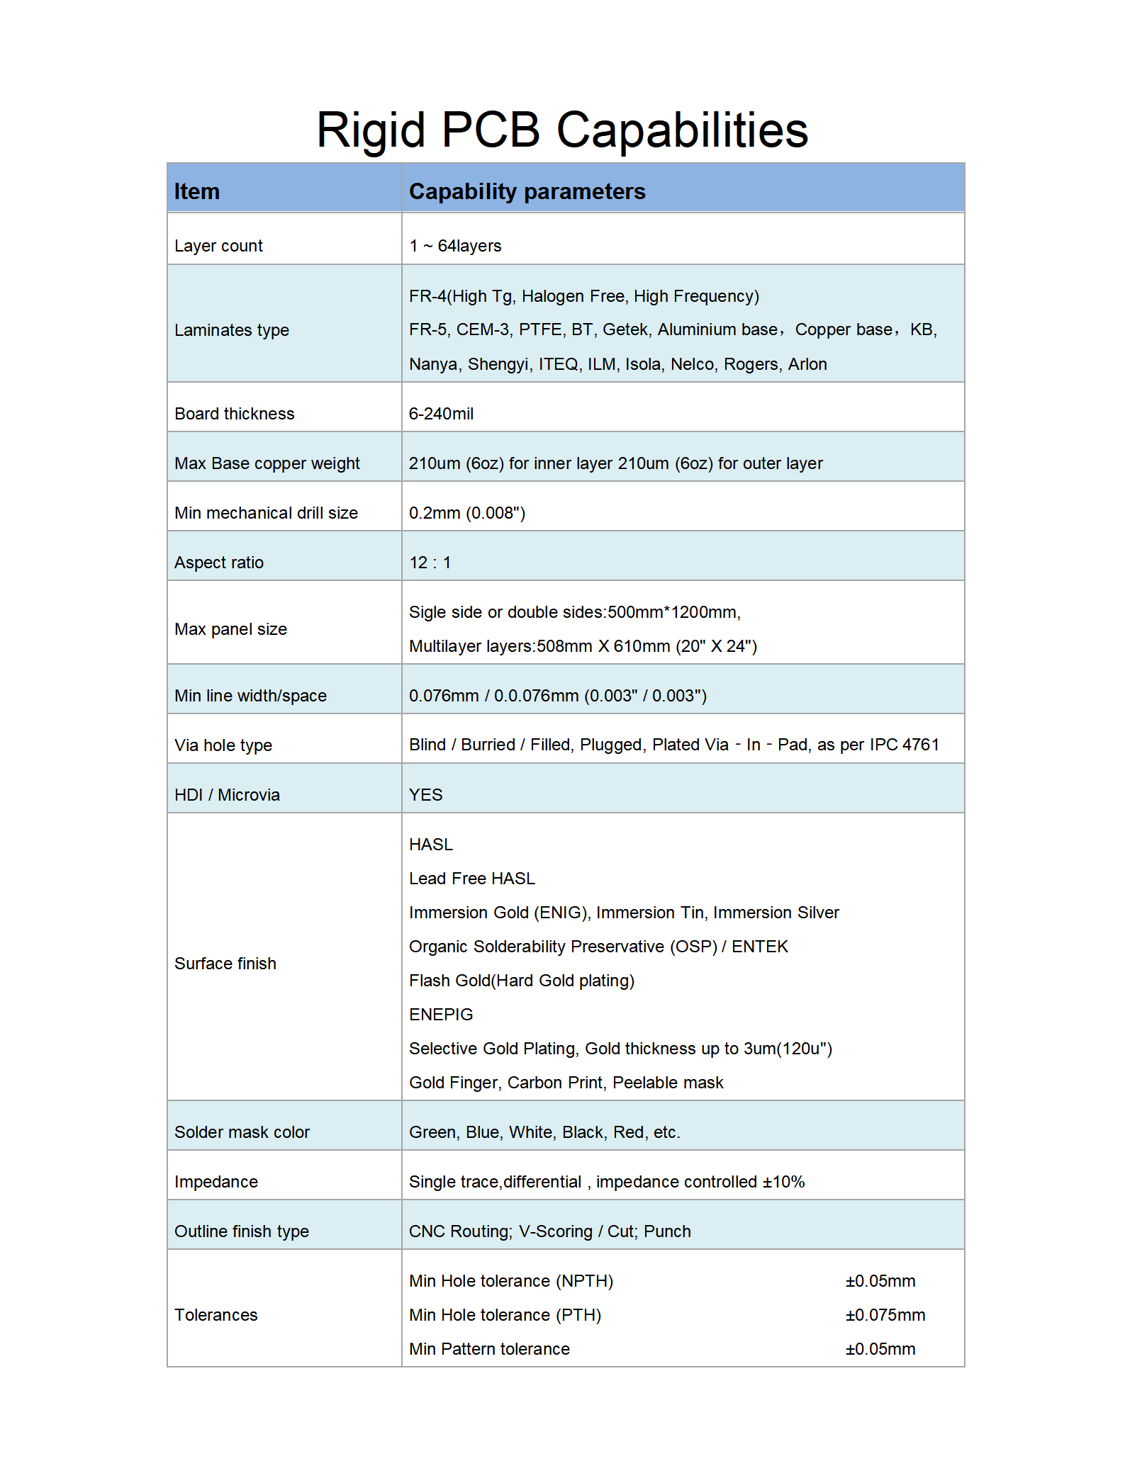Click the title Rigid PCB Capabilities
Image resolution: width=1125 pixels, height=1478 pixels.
[x=562, y=130]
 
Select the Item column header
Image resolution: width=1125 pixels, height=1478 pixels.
[x=197, y=191]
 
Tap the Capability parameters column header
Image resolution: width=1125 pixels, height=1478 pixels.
[x=527, y=191]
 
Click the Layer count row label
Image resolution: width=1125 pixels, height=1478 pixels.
[x=218, y=246]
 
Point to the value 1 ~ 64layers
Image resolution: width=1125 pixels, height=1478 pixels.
[x=455, y=246]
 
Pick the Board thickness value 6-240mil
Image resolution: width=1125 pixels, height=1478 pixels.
[x=441, y=414]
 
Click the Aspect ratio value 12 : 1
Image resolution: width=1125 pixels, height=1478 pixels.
[x=430, y=563]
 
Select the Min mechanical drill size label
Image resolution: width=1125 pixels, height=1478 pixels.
[x=266, y=513]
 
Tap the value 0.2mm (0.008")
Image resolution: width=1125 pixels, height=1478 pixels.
[x=466, y=513]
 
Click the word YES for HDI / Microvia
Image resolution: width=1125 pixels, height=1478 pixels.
[x=425, y=795]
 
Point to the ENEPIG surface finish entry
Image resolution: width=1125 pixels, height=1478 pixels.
[x=441, y=1015]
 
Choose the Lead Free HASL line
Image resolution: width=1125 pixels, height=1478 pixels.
[x=471, y=879]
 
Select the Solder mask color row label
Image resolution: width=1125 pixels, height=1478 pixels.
[x=242, y=1132]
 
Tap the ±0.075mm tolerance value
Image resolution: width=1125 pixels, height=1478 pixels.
[x=885, y=1315]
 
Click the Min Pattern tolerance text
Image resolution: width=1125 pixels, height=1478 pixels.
[x=489, y=1349]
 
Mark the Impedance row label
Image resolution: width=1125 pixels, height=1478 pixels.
[x=216, y=1182]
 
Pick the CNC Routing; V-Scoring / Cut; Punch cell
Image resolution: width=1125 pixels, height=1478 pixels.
[x=549, y=1231]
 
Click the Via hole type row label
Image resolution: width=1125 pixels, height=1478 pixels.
[x=223, y=745]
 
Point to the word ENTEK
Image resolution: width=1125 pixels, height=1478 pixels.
[x=760, y=947]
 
